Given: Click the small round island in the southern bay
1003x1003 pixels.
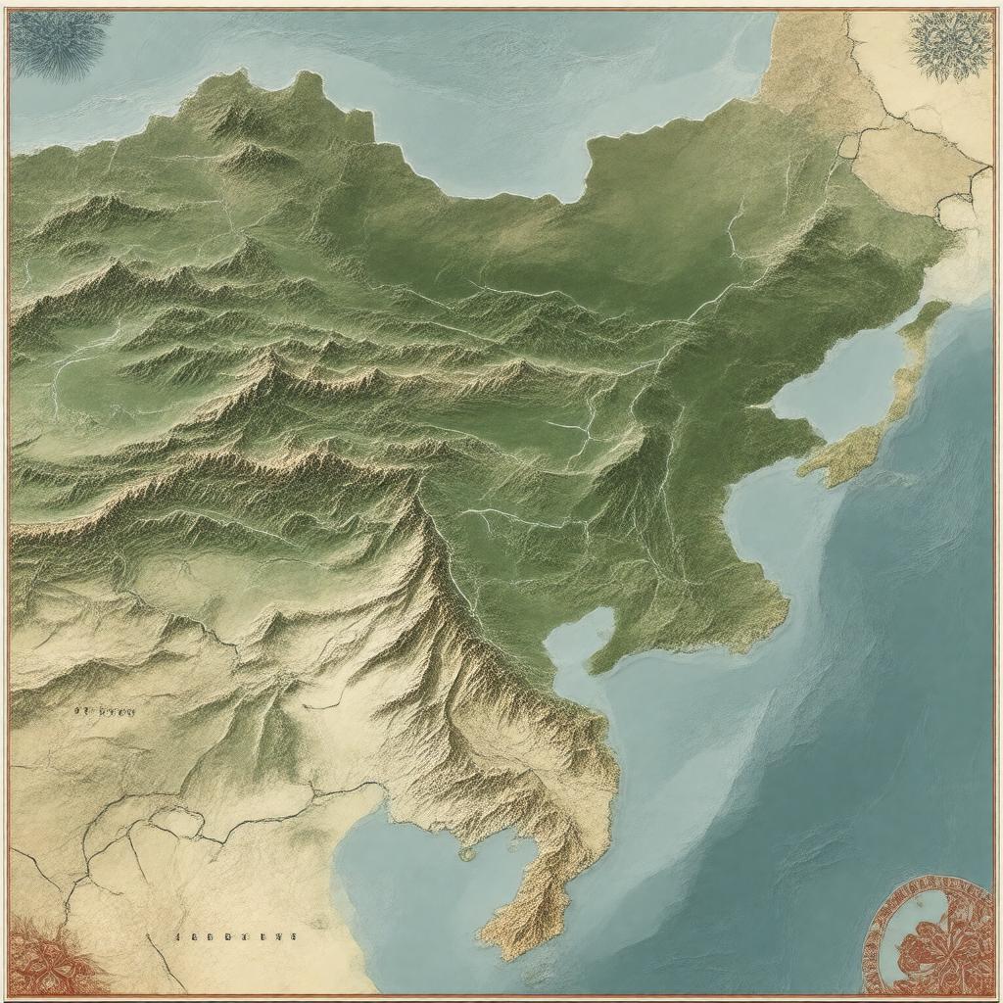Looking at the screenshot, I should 467,854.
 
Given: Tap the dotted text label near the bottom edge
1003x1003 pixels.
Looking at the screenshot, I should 235,936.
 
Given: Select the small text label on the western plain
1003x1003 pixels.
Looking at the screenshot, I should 104,712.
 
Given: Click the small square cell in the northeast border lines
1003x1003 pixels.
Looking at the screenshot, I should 848,146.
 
